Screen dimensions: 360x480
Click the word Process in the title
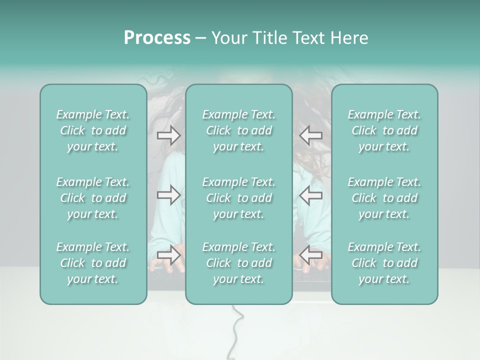pyautogui.click(x=157, y=38)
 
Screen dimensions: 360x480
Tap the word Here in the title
pyautogui.click(x=349, y=38)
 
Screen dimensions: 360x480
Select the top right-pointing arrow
pyautogui.click(x=168, y=135)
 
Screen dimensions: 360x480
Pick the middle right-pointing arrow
pyautogui.click(x=168, y=195)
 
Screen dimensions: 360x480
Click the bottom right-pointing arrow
pyautogui.click(x=168, y=254)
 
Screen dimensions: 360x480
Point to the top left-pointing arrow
pyautogui.click(x=311, y=135)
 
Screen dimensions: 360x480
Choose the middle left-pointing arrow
pyautogui.click(x=311, y=195)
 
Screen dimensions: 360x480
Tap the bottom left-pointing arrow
pyautogui.click(x=311, y=254)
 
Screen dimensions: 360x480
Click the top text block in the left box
pyautogui.click(x=93, y=130)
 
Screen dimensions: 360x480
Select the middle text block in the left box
pyautogui.click(x=93, y=198)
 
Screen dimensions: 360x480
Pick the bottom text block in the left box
pyautogui.click(x=93, y=263)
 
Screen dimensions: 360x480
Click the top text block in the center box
pyautogui.click(x=238, y=130)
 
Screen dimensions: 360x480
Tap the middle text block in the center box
pyautogui.click(x=238, y=198)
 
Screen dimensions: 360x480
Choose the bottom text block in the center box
pyautogui.click(x=238, y=263)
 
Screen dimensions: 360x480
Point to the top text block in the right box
pyautogui.click(x=384, y=130)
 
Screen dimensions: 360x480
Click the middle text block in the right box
pyautogui.click(x=384, y=198)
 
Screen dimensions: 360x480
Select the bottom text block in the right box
pyautogui.click(x=384, y=263)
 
